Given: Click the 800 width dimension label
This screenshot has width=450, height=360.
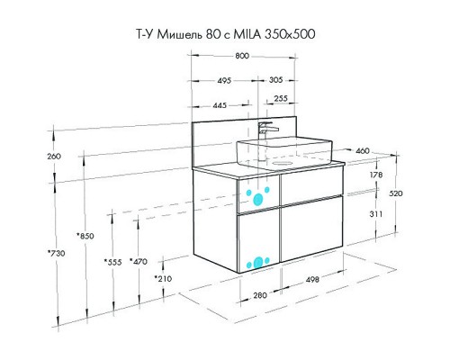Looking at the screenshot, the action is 242,56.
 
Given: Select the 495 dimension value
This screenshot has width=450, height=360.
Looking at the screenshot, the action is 224,80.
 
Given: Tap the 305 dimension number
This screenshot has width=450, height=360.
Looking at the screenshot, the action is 275,80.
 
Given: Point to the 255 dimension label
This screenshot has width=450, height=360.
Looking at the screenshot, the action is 281,98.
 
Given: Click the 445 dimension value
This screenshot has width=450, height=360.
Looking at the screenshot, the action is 220,105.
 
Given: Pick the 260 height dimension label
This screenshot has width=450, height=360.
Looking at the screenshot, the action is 54,157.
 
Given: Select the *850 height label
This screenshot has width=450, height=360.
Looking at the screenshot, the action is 85,236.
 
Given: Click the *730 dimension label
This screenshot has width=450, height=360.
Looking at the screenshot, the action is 56,254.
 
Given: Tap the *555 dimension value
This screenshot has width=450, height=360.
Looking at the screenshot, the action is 112,262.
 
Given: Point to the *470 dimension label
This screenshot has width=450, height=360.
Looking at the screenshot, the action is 139,262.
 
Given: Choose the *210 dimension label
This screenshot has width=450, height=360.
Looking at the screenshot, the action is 163,279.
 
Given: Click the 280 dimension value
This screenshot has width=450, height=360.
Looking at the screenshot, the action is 260,295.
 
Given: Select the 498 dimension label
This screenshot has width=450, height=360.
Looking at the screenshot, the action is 312,280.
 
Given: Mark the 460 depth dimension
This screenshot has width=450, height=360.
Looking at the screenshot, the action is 363,150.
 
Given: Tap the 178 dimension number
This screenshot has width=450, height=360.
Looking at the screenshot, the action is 376,175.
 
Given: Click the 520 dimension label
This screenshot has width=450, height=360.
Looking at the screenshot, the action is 396,193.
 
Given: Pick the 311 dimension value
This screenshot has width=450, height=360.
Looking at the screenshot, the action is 376,214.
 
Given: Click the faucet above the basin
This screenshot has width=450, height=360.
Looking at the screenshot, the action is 266,130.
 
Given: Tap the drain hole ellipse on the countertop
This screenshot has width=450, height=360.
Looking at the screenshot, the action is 282,163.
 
